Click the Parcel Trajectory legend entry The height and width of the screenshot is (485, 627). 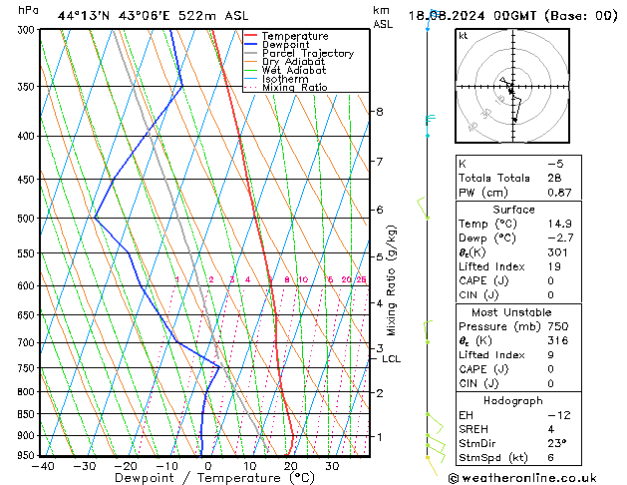click(307, 53)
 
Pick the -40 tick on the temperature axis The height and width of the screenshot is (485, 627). click(43, 465)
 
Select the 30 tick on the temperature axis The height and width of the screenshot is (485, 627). click(331, 465)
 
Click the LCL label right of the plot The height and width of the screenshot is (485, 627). click(391, 358)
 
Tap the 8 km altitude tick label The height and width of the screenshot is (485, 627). click(379, 111)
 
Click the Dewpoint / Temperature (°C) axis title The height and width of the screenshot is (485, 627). click(200, 478)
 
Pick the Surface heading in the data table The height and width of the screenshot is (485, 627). click(513, 210)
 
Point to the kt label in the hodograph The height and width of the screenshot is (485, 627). click(464, 35)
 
